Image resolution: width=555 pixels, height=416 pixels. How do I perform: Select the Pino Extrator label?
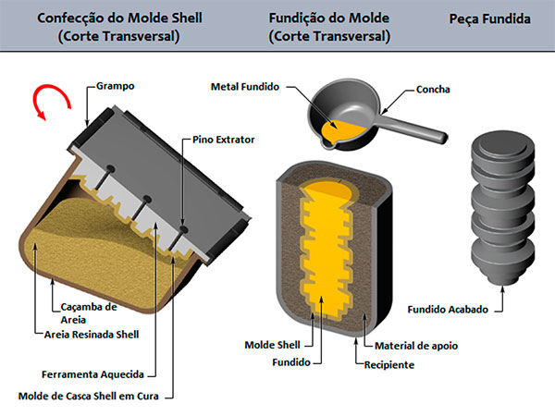coord(224,140)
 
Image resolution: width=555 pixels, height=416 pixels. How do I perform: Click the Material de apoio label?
coord(416,346)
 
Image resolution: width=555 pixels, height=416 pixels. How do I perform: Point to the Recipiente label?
coord(388,364)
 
